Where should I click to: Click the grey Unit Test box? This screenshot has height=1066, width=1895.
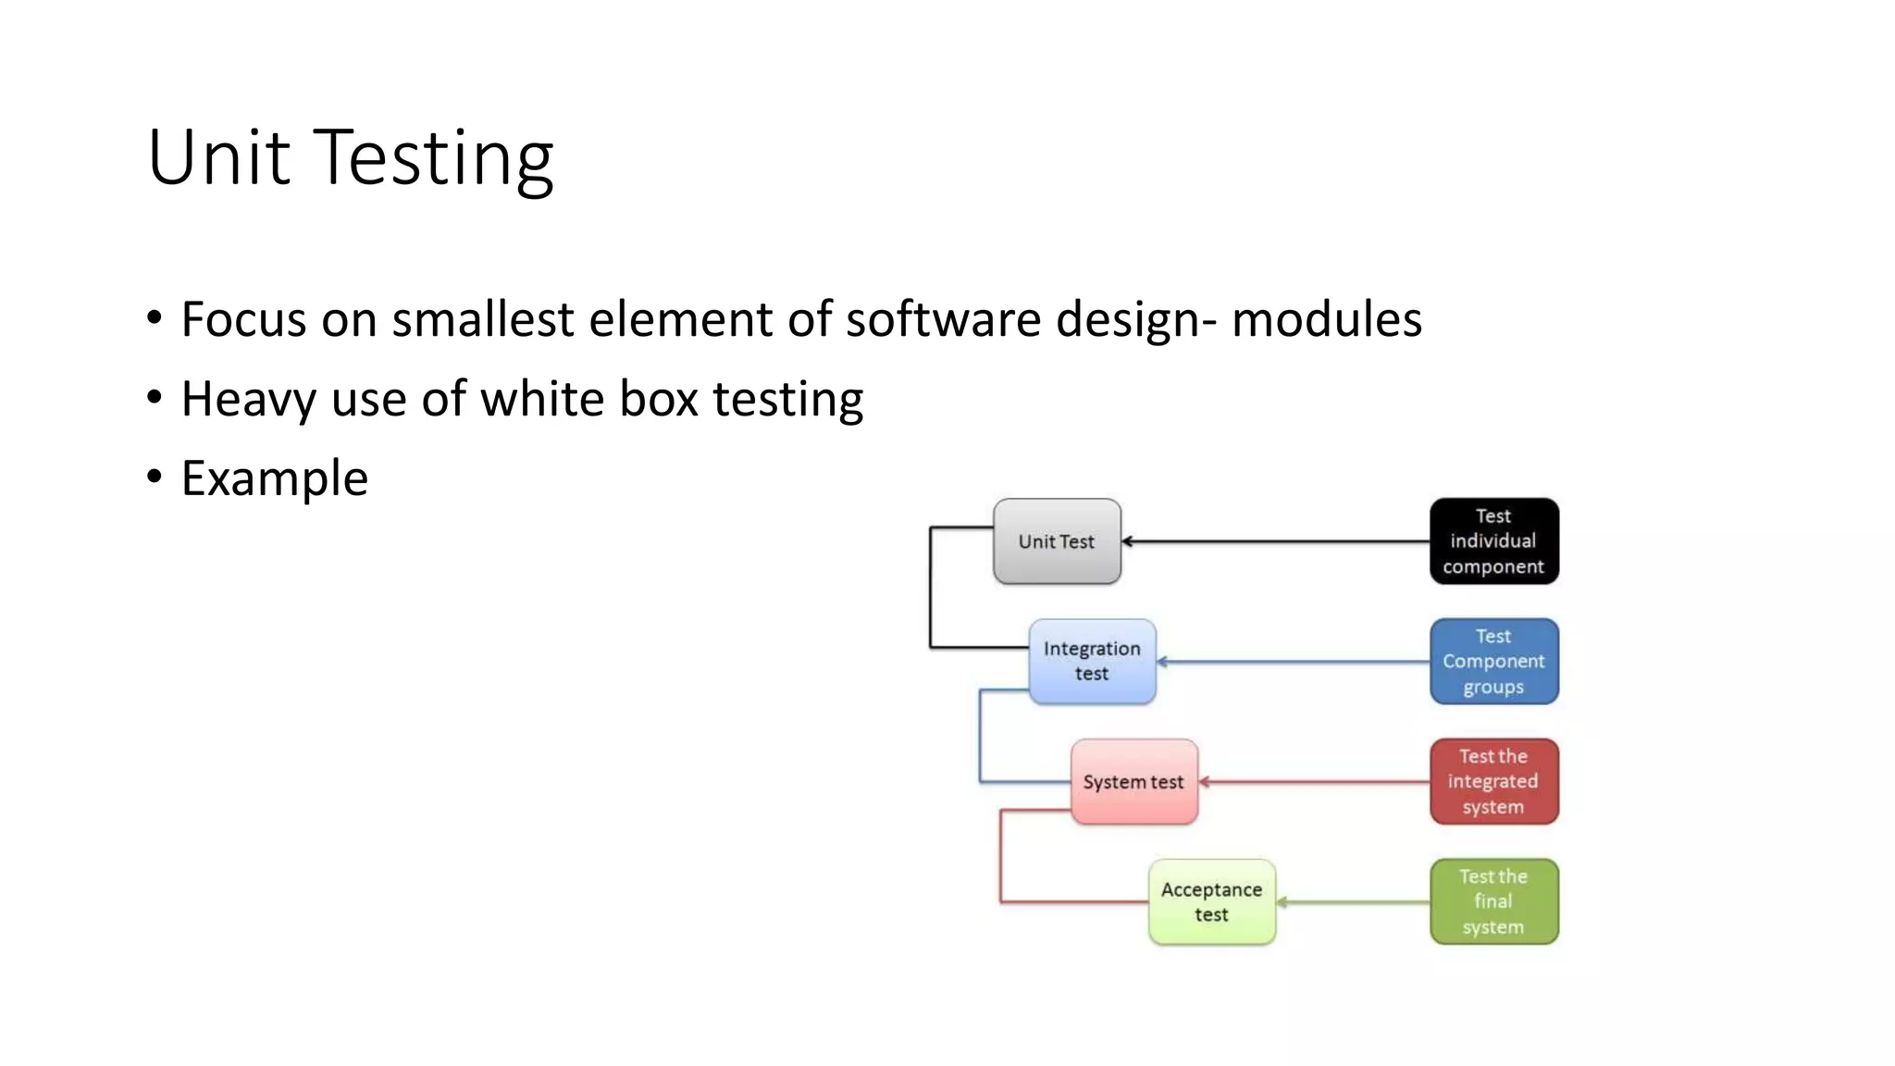pos(1057,541)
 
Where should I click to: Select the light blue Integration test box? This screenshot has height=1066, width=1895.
pos(1092,662)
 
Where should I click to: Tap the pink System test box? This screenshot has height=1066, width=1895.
pos(1133,782)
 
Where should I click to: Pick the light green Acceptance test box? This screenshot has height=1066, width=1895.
pos(1211,902)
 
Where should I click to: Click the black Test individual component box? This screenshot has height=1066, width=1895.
pos(1493,541)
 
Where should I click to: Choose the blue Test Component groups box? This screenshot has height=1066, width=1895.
pos(1493,662)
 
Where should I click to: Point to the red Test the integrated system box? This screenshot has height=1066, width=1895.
pos(1493,782)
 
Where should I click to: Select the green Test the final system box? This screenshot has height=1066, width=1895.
pos(1493,902)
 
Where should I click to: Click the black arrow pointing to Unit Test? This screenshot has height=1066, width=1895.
pos(1277,541)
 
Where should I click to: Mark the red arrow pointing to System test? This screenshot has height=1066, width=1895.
pos(1314,782)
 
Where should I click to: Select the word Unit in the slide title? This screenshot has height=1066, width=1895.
pos(218,157)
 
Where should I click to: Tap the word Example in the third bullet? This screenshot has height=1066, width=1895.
pos(275,478)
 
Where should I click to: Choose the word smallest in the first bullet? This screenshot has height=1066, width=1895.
pos(482,319)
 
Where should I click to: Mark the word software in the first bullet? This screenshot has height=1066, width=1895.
pos(943,319)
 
